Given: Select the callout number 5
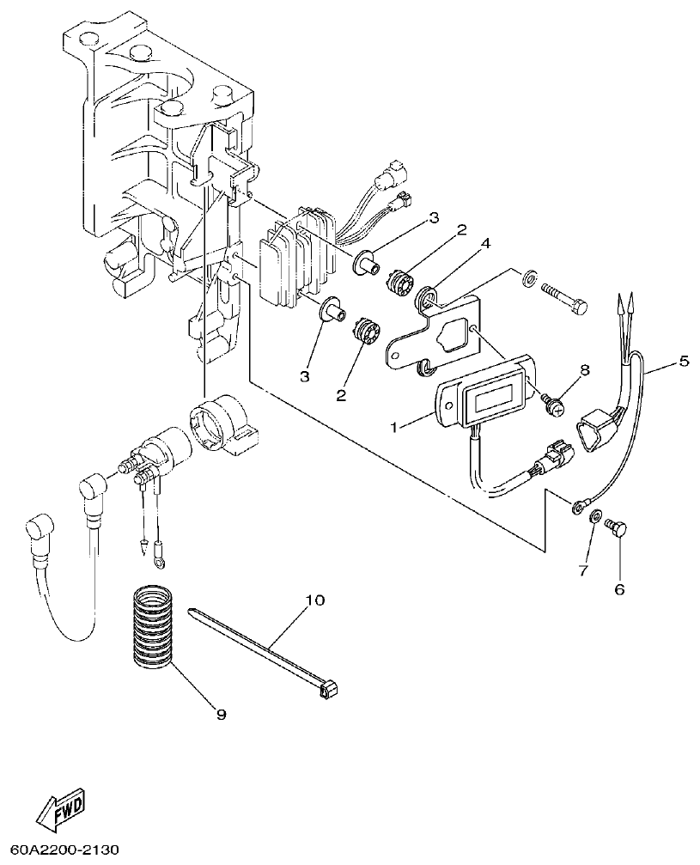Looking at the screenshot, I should pyautogui.click(x=684, y=361).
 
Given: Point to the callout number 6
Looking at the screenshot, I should pyautogui.click(x=618, y=589).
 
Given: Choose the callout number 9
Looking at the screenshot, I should pyautogui.click(x=221, y=714).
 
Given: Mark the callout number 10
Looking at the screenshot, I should pyautogui.click(x=314, y=600).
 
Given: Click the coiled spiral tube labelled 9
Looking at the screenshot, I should pyautogui.click(x=155, y=624).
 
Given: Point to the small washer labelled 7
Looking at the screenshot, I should pyautogui.click(x=592, y=517).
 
